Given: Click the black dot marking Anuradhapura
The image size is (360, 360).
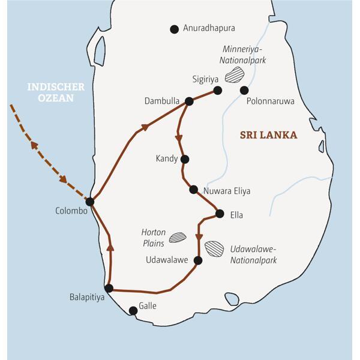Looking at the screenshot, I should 175,29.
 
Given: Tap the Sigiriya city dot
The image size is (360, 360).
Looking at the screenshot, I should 218,91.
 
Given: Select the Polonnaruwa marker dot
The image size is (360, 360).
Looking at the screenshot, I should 244,91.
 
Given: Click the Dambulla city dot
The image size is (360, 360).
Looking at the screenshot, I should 189,101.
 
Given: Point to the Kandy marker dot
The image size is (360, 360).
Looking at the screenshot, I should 185,159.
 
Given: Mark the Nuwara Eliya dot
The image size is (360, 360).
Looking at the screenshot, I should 193,190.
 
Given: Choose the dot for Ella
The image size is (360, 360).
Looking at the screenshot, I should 220,214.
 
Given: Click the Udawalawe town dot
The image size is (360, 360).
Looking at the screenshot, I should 199,260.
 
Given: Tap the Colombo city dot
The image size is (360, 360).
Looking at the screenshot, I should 90,202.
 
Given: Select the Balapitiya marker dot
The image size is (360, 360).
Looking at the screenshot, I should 109,289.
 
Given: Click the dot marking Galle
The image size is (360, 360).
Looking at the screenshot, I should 133,310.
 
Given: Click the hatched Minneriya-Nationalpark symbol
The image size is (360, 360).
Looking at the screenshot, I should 235,74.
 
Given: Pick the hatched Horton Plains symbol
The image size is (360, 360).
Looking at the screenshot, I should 178,238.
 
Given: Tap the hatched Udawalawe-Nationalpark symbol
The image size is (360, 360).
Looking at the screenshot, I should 214,248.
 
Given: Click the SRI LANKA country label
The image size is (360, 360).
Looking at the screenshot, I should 268,135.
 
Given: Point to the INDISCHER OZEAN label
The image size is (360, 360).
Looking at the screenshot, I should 56,92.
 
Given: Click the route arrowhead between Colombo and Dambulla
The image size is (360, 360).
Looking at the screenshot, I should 144,127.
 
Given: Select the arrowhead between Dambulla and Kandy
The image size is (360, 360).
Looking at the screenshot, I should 179,137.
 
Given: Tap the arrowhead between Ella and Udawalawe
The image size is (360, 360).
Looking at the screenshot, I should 199,236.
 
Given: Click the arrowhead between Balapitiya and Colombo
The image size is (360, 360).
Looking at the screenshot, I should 110,247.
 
